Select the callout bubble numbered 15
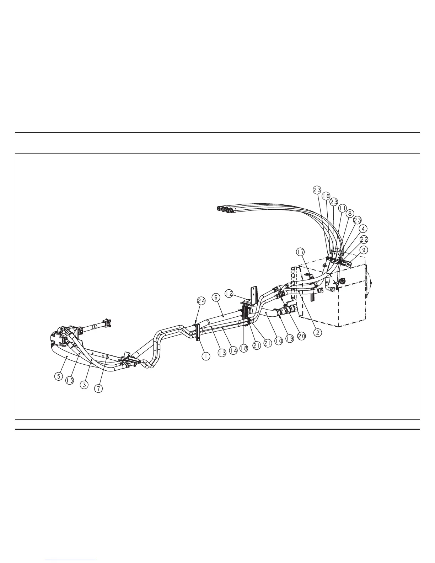click(x=70, y=380)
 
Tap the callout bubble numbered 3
click(x=84, y=384)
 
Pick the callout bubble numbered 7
click(x=98, y=388)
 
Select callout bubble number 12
click(x=229, y=294)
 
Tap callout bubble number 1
click(x=206, y=355)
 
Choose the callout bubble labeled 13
click(x=222, y=353)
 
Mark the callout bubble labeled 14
click(x=233, y=350)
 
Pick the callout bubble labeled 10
click(x=278, y=341)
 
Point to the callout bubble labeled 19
click(x=290, y=339)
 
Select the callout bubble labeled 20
click(x=301, y=336)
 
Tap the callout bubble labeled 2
click(x=317, y=333)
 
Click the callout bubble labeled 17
click(x=301, y=252)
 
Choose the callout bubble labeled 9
click(x=363, y=250)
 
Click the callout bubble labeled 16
click(x=326, y=196)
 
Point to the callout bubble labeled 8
click(x=350, y=214)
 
